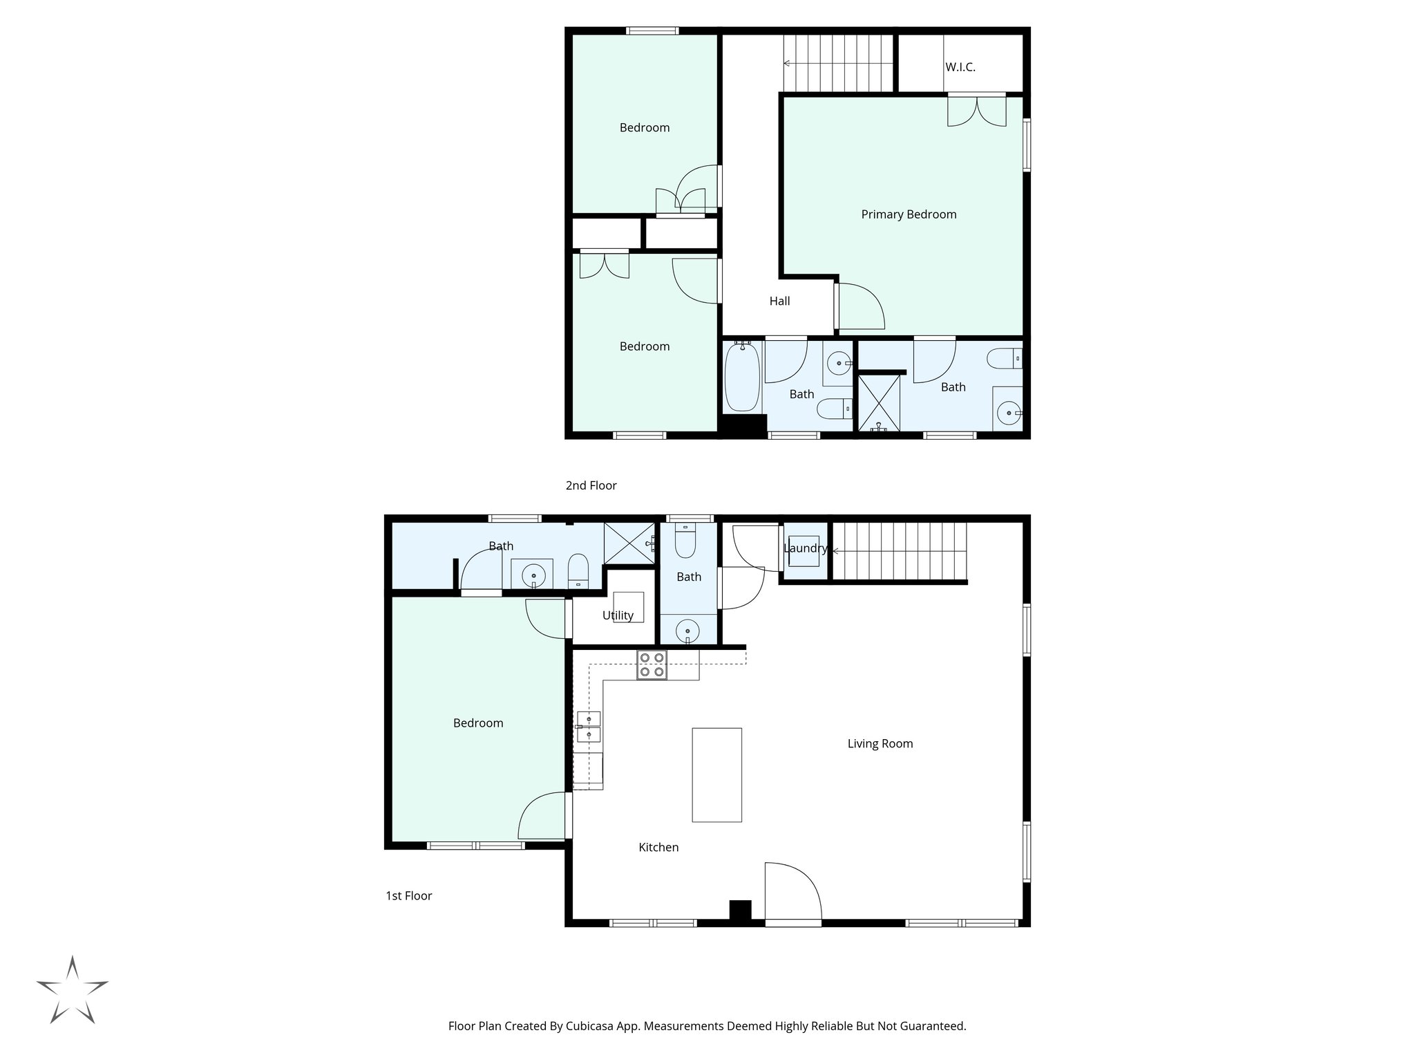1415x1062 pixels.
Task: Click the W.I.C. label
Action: point(960,68)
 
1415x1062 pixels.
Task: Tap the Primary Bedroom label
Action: point(908,214)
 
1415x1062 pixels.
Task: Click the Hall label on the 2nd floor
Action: point(779,301)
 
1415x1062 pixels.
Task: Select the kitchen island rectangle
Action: point(716,774)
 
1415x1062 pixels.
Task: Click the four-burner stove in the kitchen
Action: point(652,665)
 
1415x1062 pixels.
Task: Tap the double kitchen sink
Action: point(589,727)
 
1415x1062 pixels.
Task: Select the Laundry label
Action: point(805,548)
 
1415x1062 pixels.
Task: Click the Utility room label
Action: point(617,615)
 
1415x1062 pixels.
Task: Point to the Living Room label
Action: point(880,744)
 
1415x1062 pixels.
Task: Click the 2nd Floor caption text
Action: point(591,485)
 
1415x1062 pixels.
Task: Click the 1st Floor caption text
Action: point(408,896)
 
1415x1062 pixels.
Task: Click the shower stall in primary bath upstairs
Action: point(879,403)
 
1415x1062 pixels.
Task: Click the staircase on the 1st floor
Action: point(898,551)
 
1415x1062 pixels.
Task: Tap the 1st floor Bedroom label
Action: point(477,723)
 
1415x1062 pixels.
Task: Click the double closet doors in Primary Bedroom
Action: point(976,111)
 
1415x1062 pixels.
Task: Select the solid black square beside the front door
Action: point(740,910)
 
